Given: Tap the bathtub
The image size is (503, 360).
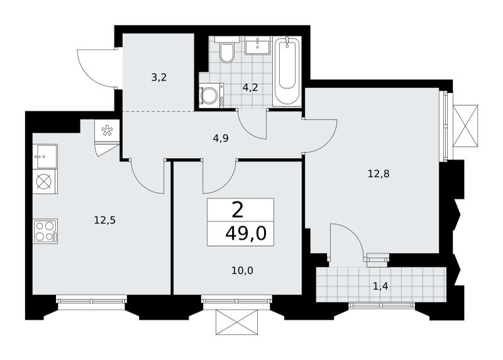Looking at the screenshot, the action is pyautogui.click(x=287, y=71).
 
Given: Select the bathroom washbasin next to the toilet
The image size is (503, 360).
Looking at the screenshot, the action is pyautogui.click(x=258, y=45).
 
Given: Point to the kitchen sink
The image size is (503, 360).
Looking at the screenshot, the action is pyautogui.click(x=45, y=156).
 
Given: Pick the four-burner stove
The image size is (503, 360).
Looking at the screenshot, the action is pyautogui.click(x=45, y=231).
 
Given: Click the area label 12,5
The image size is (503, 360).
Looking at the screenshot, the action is pyautogui.click(x=104, y=220).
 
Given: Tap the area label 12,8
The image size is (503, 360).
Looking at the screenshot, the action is pyautogui.click(x=379, y=174).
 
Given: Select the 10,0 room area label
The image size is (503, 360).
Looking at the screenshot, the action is pyautogui.click(x=242, y=271).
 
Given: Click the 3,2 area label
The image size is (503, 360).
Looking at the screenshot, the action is pyautogui.click(x=159, y=77).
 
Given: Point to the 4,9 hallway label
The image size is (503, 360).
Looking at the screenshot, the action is pyautogui.click(x=221, y=138).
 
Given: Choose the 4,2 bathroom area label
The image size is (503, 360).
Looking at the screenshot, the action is pyautogui.click(x=250, y=87).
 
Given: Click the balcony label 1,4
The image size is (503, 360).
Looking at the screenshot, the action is pyautogui.click(x=381, y=286).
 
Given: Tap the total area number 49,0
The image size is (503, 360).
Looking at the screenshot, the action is pyautogui.click(x=246, y=233).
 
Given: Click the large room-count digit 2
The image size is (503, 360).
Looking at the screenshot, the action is pyautogui.click(x=238, y=211).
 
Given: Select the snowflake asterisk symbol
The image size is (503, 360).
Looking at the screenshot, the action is pyautogui.click(x=107, y=131).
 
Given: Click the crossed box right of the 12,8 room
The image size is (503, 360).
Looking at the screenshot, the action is pyautogui.click(x=465, y=126).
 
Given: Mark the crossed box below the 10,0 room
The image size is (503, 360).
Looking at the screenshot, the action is pyautogui.click(x=237, y=322).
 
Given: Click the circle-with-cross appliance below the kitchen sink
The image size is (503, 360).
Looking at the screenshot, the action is pyautogui.click(x=44, y=181).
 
